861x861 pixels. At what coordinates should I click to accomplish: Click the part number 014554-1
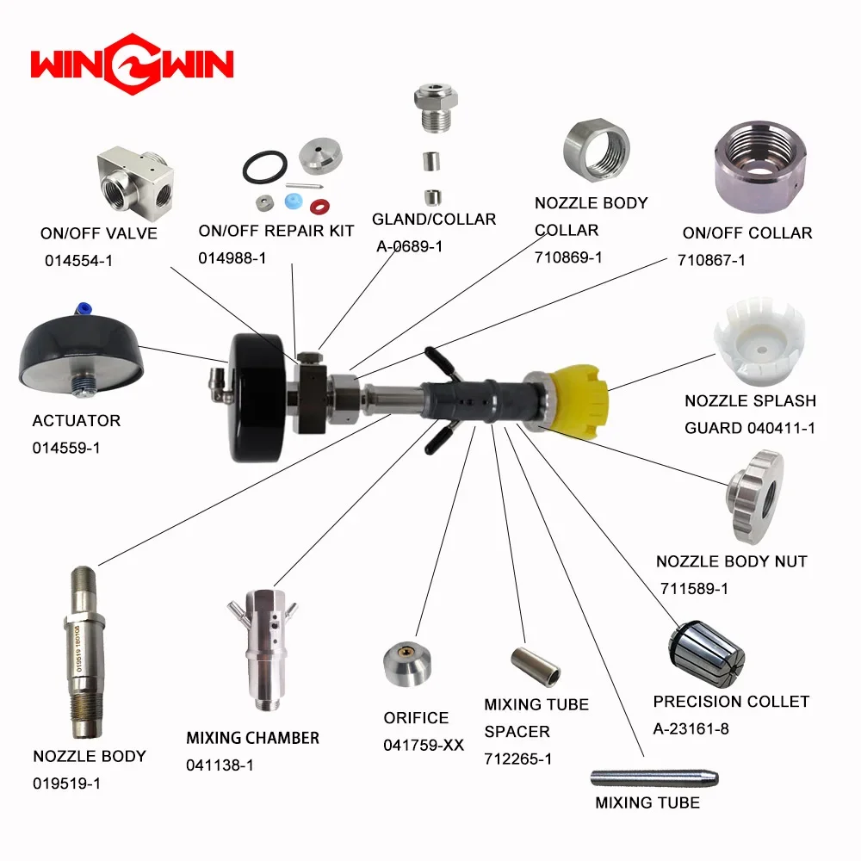pyautogui.click(x=79, y=260)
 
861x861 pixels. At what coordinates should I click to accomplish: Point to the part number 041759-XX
pyautogui.click(x=424, y=746)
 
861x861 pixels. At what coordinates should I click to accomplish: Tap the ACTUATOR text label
pyautogui.click(x=76, y=421)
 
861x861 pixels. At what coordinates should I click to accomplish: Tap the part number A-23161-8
pyautogui.click(x=691, y=729)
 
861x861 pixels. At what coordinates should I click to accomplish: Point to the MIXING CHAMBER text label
pyautogui.click(x=252, y=738)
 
